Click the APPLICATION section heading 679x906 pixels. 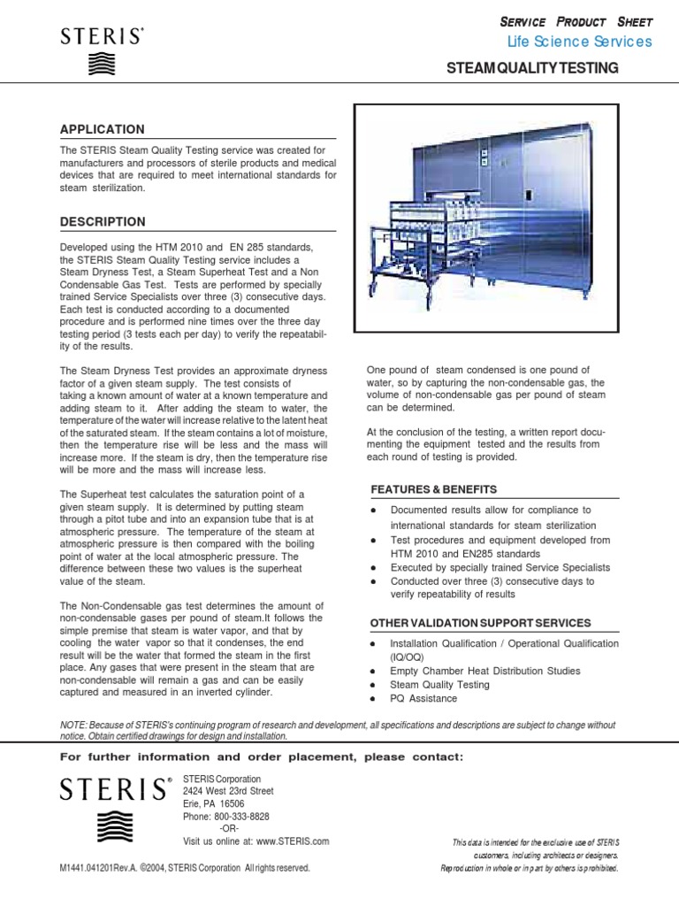pos(102,129)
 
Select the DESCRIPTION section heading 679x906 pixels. pos(103,221)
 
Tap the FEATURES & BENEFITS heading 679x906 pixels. pos(433,489)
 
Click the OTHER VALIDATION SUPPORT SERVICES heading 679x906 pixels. pos(480,623)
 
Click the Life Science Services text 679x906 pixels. pos(579,42)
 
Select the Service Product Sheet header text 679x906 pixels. pos(576,20)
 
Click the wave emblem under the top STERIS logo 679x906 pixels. pos(102,65)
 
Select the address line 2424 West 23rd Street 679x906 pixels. pos(228,791)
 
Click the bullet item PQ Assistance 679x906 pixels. pos(423,699)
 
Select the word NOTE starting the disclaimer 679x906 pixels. pos(72,726)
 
